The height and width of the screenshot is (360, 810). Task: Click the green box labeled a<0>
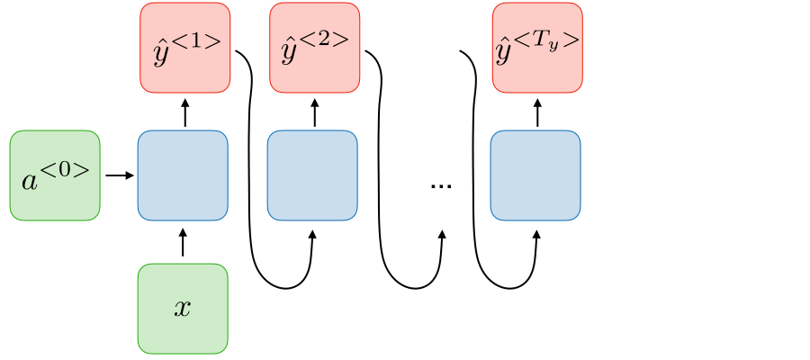55,175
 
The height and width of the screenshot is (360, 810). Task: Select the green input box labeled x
183,308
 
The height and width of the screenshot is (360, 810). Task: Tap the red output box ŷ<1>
185,47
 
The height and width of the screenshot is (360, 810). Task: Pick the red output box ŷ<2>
315,47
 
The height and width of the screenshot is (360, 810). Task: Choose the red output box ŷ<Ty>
537,47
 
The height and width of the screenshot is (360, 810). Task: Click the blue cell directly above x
183,175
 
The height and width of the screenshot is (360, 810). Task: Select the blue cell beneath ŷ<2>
313,175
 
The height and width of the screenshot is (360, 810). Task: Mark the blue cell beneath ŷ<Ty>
535,175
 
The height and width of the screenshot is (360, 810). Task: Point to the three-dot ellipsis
441,185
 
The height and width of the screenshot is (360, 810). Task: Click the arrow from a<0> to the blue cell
119,175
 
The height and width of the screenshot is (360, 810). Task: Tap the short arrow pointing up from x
183,242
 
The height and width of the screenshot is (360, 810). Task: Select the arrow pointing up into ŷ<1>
185,112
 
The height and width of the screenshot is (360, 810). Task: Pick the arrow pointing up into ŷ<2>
315,112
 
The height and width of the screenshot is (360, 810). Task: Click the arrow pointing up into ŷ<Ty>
537,112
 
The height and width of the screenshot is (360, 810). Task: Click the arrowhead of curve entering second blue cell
312,234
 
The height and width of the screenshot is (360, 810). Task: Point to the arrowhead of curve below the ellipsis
442,234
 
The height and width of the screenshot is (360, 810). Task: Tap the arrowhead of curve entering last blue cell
536,234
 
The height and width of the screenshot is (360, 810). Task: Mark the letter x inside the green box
183,309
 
